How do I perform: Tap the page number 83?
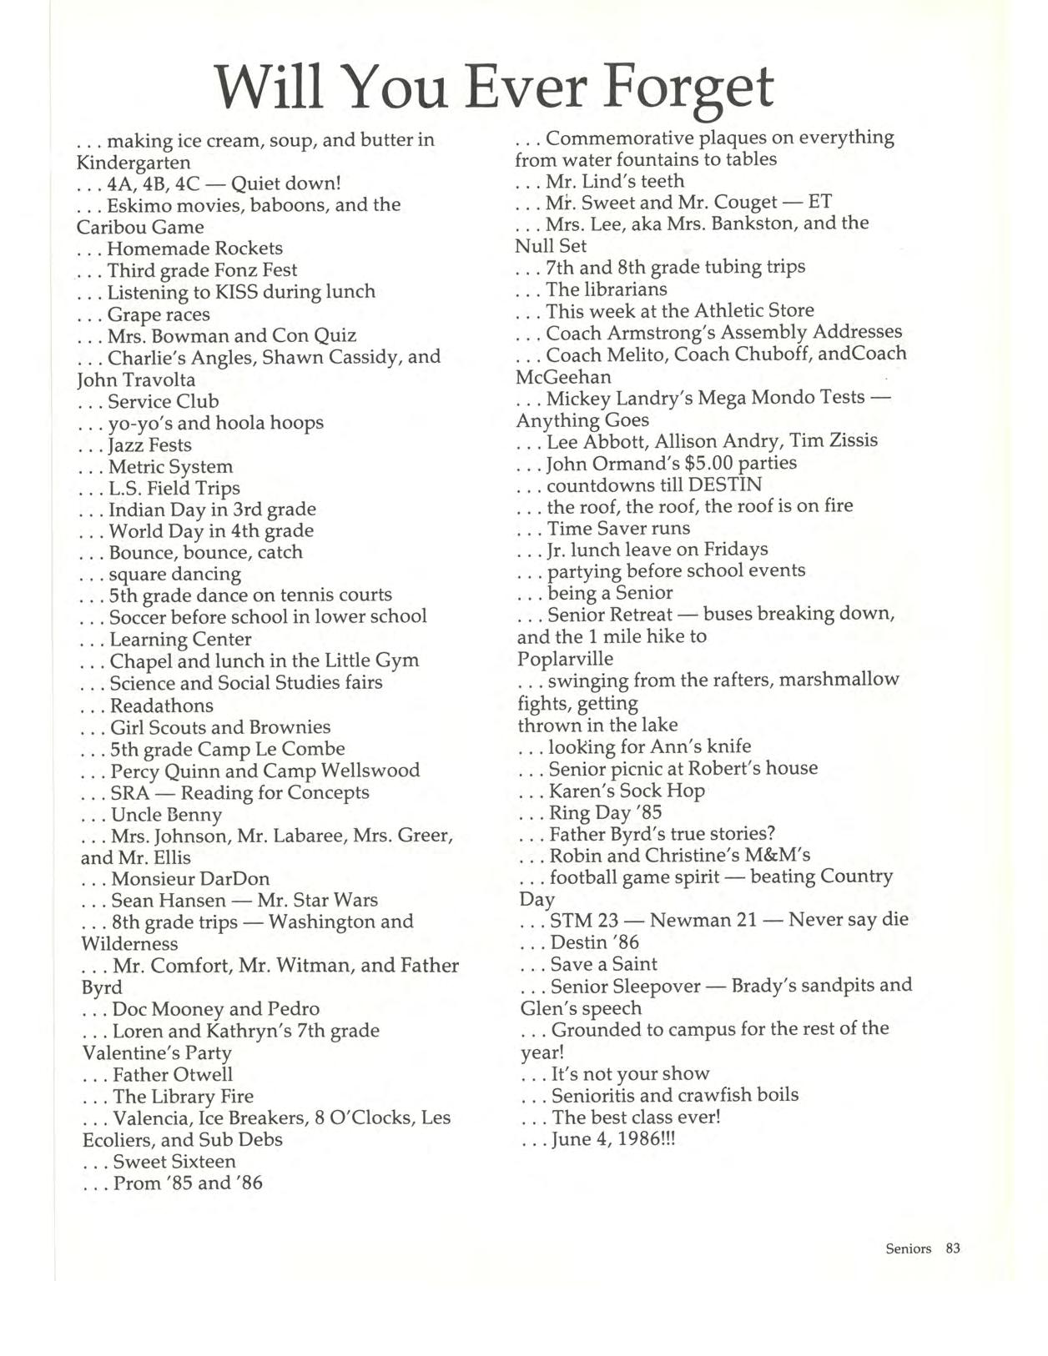click(x=953, y=1248)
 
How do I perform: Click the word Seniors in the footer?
click(x=908, y=1248)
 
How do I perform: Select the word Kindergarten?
click(x=134, y=162)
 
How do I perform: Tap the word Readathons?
click(x=162, y=706)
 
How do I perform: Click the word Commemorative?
click(x=616, y=138)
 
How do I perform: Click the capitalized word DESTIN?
click(x=723, y=485)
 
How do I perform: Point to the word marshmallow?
click(x=837, y=679)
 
